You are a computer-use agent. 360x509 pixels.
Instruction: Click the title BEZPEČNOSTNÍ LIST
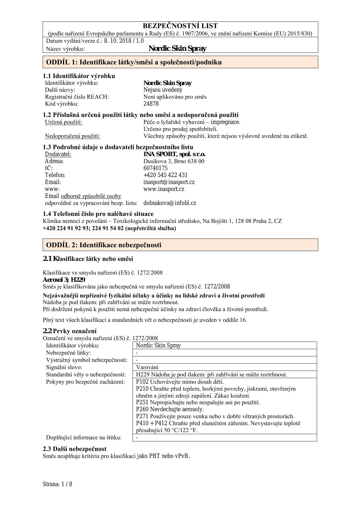(x=180, y=26)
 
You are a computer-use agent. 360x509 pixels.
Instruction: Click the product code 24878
(x=151, y=104)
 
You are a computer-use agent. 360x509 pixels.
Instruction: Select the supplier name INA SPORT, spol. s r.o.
(x=174, y=154)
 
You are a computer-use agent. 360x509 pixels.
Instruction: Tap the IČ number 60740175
(x=155, y=168)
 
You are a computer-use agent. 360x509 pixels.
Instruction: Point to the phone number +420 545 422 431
(x=165, y=175)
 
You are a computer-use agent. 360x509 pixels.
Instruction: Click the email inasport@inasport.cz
(x=169, y=182)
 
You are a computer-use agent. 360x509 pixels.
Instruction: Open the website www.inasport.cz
(x=164, y=189)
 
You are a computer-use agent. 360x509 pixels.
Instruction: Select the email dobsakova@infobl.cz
(x=170, y=203)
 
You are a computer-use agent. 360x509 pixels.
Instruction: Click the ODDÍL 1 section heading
(x=134, y=62)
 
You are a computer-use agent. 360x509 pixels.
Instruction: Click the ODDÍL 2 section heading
(x=104, y=245)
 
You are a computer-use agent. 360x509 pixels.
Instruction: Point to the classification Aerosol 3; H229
(x=64, y=280)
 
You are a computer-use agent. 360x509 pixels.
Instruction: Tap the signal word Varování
(x=147, y=367)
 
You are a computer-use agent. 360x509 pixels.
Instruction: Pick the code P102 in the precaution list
(x=142, y=382)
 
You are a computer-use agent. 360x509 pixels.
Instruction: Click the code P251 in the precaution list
(x=142, y=402)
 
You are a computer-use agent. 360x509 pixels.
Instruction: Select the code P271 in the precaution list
(x=142, y=416)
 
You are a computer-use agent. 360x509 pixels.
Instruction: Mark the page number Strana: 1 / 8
(x=57, y=484)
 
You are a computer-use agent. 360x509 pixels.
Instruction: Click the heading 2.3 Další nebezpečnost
(x=75, y=449)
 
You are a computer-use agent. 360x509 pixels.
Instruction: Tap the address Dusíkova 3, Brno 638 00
(x=174, y=161)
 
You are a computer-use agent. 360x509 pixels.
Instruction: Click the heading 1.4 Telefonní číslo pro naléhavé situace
(x=98, y=214)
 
